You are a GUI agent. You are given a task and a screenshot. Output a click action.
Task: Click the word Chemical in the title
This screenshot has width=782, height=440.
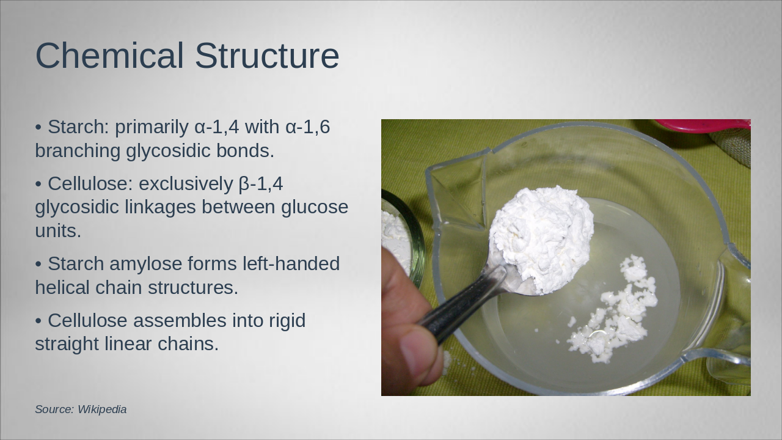coord(109,56)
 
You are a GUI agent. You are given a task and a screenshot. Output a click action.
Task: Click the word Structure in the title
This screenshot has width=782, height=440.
coord(267,56)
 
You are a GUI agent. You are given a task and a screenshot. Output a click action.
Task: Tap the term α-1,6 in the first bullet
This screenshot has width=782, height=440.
coord(307,127)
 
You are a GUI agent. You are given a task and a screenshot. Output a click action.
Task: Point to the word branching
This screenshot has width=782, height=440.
coord(78,151)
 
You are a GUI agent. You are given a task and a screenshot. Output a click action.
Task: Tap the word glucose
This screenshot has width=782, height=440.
coord(315,207)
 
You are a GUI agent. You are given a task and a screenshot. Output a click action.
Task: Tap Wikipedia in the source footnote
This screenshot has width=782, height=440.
coord(102,409)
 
